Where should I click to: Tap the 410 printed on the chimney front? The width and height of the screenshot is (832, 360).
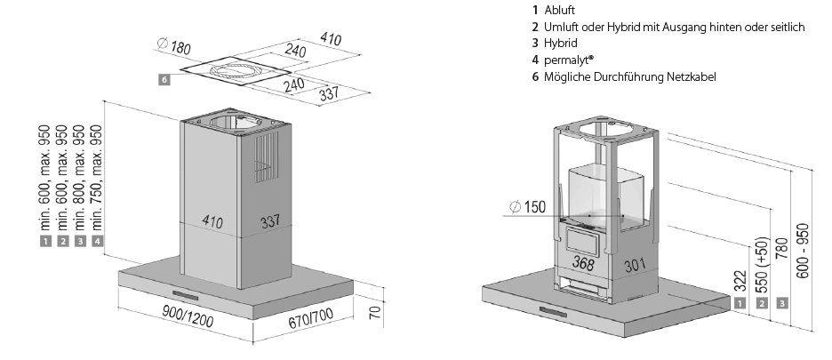(x=212, y=220)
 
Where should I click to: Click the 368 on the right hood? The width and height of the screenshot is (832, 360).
(x=583, y=263)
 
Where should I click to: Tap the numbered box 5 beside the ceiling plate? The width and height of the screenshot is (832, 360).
(x=164, y=79)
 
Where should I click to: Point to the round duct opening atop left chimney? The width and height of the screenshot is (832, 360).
(x=228, y=122)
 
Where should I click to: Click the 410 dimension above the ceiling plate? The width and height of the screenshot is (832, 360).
(x=332, y=38)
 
